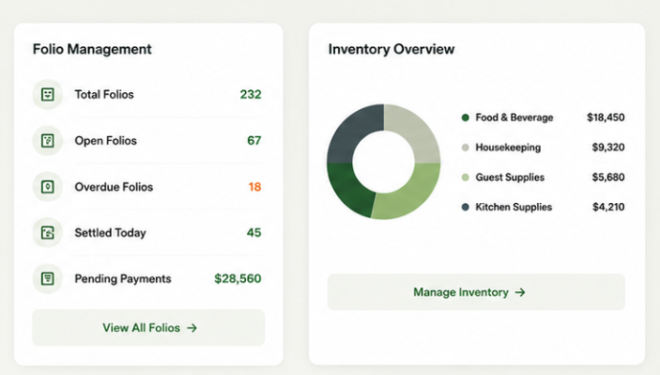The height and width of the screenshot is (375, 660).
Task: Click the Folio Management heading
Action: pos(92,49)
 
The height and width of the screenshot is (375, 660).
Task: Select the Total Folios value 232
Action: pos(251,94)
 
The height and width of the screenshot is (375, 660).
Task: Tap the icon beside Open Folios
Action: pos(48,140)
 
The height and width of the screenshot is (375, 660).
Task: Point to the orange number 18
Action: pos(254,187)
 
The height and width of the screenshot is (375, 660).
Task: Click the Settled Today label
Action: pos(110,232)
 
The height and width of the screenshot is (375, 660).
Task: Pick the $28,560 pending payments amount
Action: pos(238,278)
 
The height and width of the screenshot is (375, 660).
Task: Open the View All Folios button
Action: pos(148,328)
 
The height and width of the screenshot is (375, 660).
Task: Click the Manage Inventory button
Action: pos(476,292)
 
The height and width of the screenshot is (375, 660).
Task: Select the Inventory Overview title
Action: pos(391,49)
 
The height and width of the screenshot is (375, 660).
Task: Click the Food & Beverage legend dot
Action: pos(465,117)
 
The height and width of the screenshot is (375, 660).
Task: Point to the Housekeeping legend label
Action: pos(508,148)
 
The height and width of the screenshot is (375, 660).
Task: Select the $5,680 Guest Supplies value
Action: pos(608,178)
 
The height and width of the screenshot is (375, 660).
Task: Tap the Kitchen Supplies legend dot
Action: pos(465,207)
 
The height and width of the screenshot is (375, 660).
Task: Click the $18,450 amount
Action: pos(606,117)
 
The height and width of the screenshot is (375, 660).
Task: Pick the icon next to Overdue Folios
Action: pos(48,187)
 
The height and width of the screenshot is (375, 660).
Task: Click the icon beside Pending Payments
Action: pos(48,278)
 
